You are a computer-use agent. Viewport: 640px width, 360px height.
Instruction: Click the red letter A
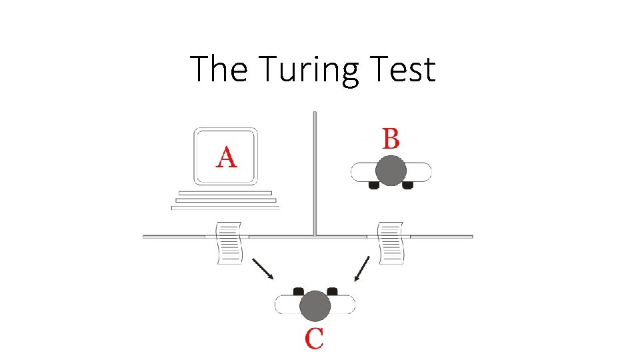[x=226, y=157]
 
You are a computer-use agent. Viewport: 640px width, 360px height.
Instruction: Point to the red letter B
[x=391, y=139]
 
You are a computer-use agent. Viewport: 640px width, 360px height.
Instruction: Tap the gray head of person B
[x=391, y=171]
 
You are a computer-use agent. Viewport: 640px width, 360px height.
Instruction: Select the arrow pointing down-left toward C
[x=362, y=269]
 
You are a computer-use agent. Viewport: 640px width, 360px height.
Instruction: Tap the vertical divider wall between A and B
[x=315, y=173]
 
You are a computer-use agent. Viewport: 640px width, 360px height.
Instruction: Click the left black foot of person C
[x=299, y=291]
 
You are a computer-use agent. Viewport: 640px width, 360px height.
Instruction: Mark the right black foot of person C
[x=332, y=291]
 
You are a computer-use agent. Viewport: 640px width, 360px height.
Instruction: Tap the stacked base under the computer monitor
[x=225, y=200]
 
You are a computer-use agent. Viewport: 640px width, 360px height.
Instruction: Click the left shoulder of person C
[x=287, y=305]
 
